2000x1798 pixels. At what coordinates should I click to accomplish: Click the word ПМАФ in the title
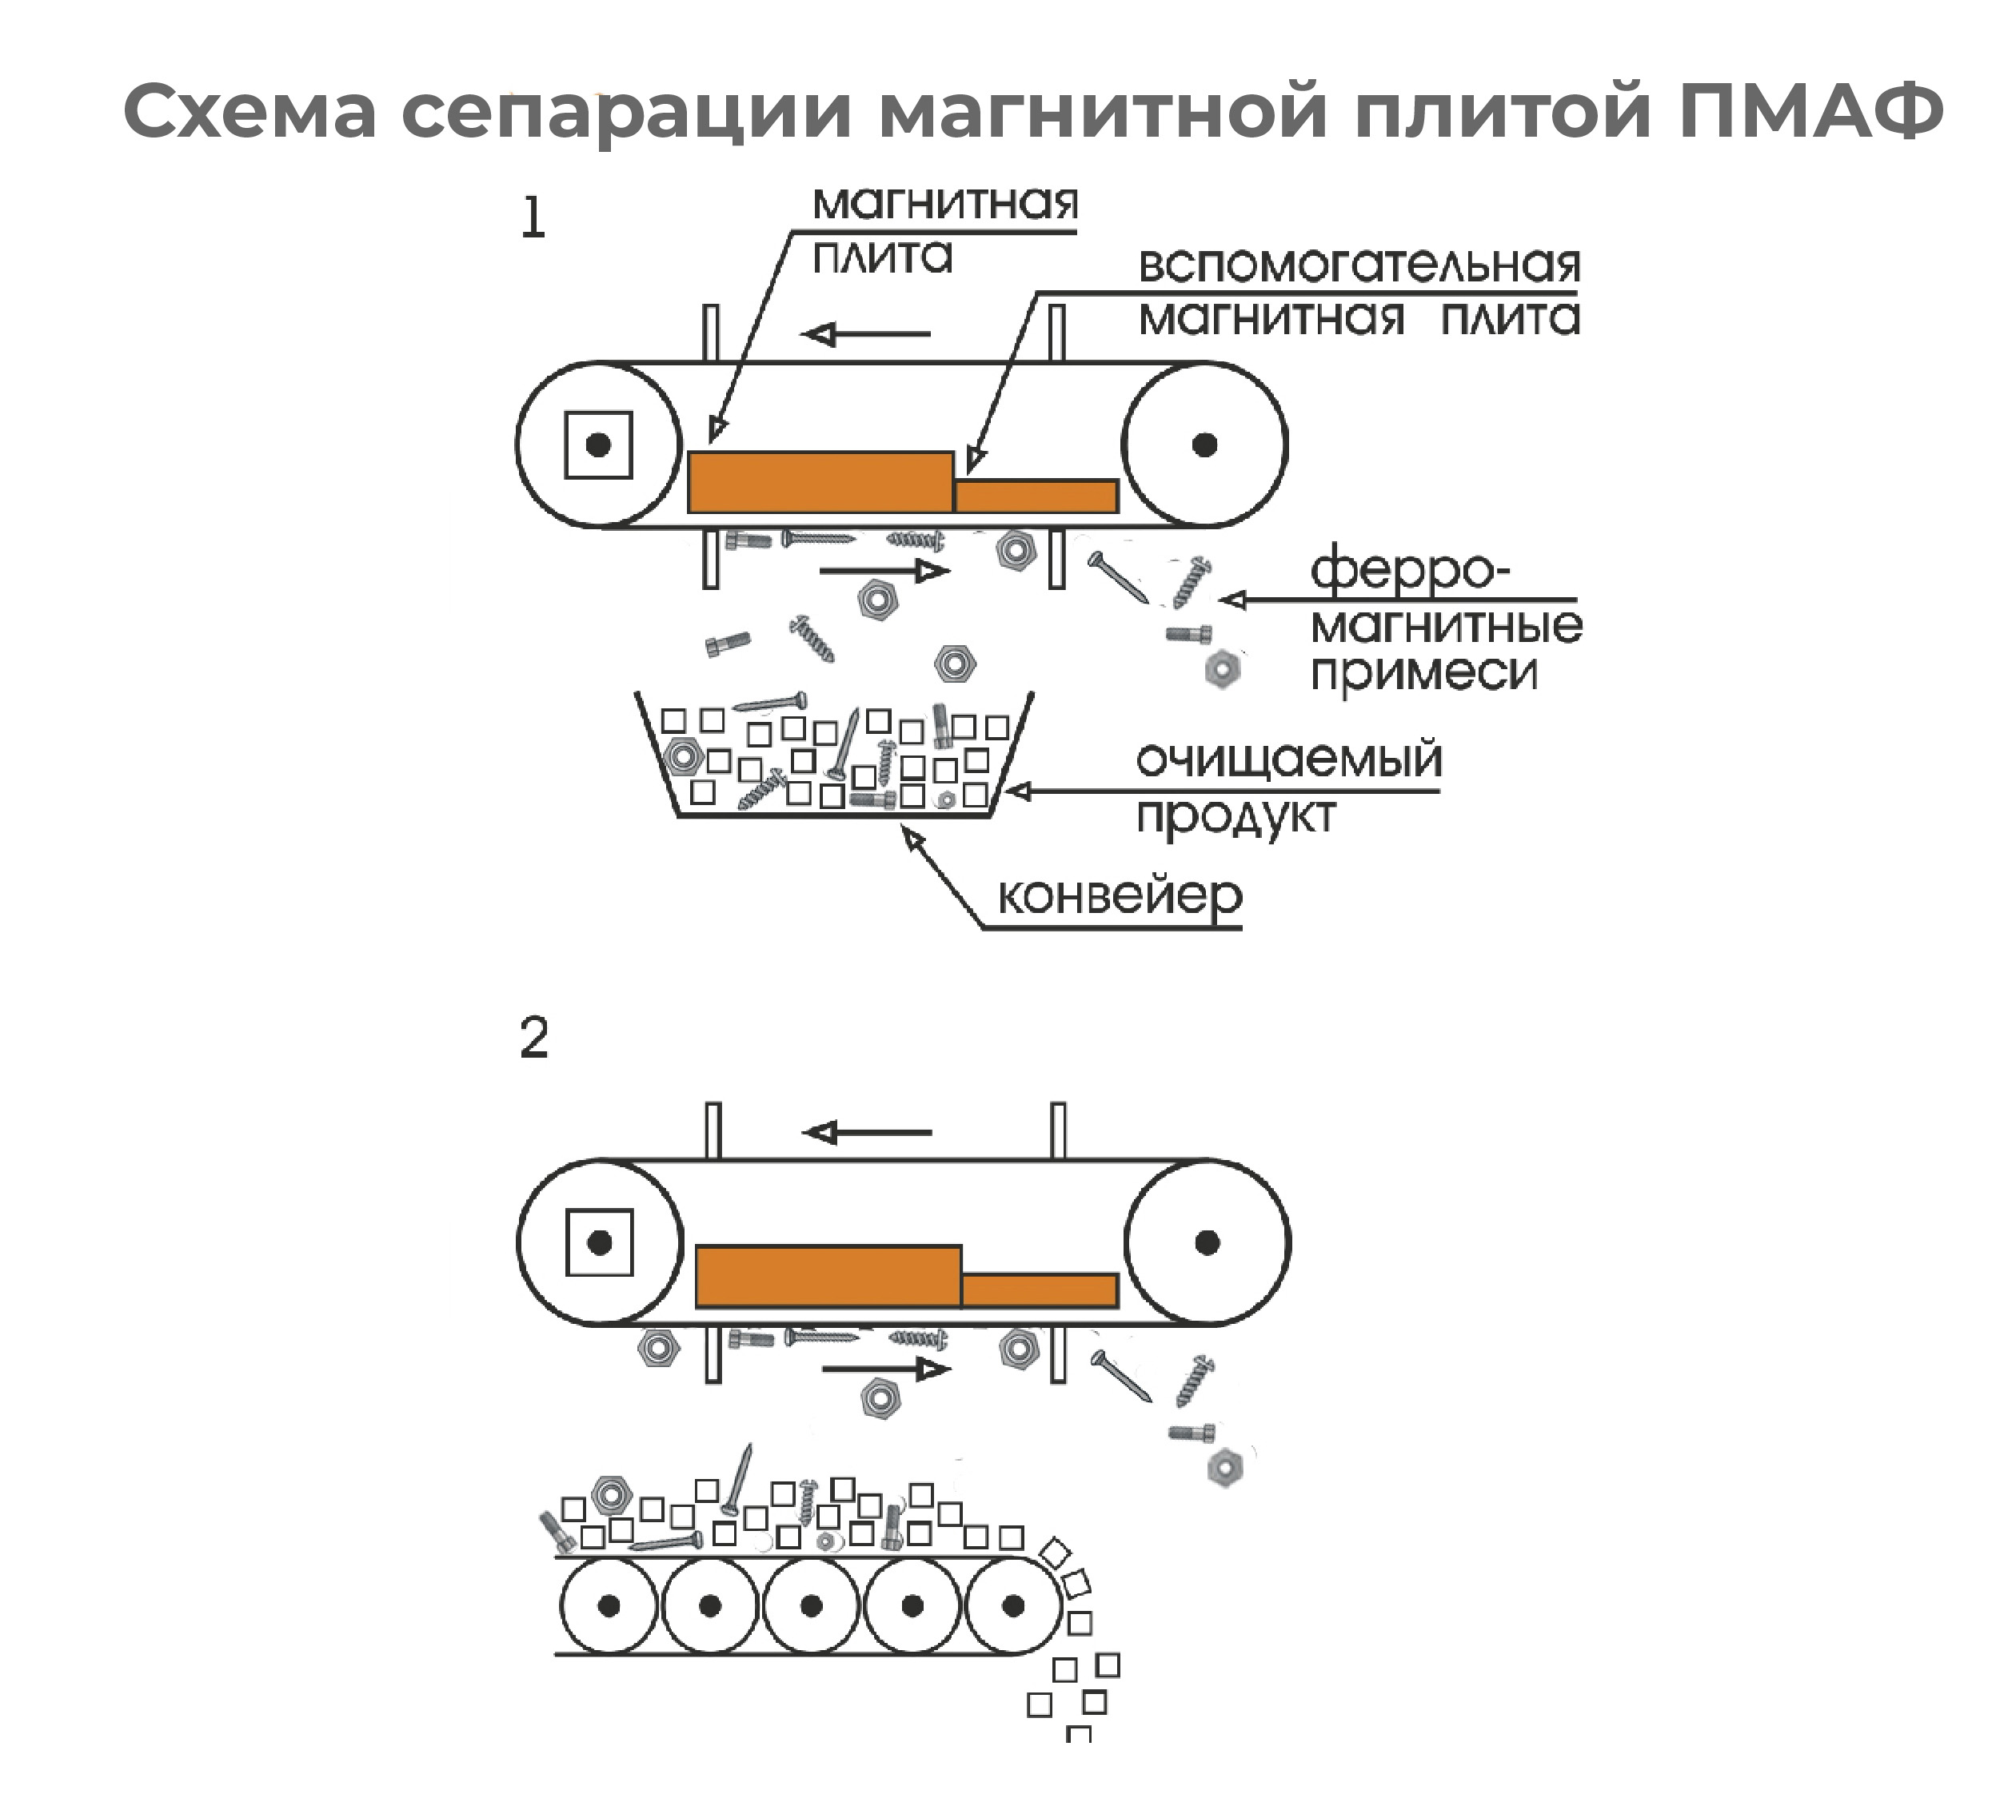pos(1810,110)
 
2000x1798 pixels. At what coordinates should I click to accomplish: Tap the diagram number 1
pos(533,218)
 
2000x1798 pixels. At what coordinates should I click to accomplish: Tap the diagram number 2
pos(533,1039)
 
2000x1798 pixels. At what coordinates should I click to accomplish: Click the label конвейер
pos(1120,896)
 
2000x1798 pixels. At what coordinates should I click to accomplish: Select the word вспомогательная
pos(1359,265)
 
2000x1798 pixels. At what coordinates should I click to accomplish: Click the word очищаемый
pos(1288,759)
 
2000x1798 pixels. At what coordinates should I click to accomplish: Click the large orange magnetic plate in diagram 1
pos(820,482)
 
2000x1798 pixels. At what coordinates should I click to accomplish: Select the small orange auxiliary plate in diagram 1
pos(1036,496)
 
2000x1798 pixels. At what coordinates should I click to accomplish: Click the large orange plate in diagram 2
pos(828,1277)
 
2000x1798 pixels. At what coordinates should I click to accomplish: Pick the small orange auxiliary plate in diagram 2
pos(1040,1290)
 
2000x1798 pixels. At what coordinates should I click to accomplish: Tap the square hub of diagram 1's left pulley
pos(598,445)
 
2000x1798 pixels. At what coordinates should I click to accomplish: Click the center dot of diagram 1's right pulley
pos(1204,445)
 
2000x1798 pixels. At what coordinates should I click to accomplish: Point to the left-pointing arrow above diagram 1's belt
pos(867,334)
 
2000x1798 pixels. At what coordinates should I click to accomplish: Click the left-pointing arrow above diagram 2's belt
pos(868,1132)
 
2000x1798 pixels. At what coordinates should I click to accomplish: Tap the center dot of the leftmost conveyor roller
pos(609,1606)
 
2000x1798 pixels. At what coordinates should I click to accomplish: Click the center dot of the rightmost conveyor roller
pos(1013,1606)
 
